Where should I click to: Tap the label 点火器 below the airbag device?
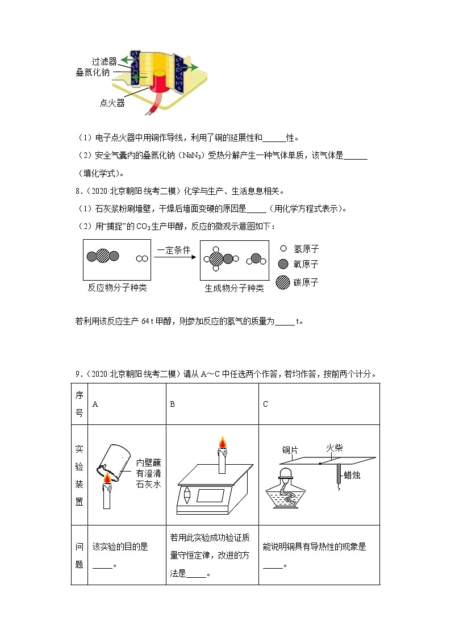coord(112,103)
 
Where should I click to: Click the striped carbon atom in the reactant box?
coord(103,256)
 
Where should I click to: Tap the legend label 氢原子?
coord(306,249)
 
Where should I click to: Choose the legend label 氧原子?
coord(306,265)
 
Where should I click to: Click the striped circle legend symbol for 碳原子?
coord(282,282)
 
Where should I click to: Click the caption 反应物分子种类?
coord(117,288)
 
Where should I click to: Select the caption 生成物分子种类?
coord(234,288)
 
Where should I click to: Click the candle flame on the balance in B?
coord(222,441)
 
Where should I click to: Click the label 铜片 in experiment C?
coord(290,450)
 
